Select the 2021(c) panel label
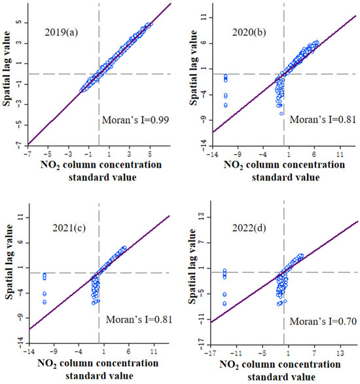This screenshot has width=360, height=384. tap(60, 229)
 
